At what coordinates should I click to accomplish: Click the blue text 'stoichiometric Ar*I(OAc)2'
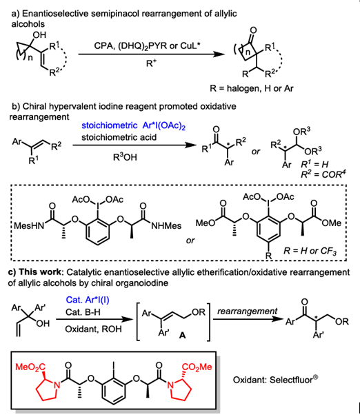pyautogui.click(x=134, y=126)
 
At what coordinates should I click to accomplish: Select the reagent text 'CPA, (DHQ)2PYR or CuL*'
pyautogui.click(x=147, y=46)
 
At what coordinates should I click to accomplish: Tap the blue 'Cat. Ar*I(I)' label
pyautogui.click(x=88, y=300)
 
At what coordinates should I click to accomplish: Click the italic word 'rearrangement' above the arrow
pyautogui.click(x=248, y=311)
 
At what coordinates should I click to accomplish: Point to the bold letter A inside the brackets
pyautogui.click(x=182, y=335)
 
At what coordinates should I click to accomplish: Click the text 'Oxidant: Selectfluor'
pyautogui.click(x=275, y=379)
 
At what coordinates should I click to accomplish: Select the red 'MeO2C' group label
pyautogui.click(x=30, y=367)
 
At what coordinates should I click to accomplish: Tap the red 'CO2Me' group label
pyautogui.click(x=197, y=367)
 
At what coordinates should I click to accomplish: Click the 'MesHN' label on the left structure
pyautogui.click(x=29, y=226)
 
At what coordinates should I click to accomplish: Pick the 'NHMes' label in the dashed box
pyautogui.click(x=166, y=226)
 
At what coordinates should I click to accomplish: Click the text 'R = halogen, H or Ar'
pyautogui.click(x=252, y=88)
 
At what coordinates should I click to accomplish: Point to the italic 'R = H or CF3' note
pyautogui.click(x=310, y=251)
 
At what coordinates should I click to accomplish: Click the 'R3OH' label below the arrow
pyautogui.click(x=125, y=157)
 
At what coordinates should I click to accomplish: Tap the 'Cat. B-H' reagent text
pyautogui.click(x=83, y=312)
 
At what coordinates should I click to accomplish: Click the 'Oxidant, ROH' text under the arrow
pyautogui.click(x=93, y=329)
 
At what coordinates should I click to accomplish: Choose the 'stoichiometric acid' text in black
pyautogui.click(x=119, y=137)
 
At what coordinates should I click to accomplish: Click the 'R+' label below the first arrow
pyautogui.click(x=152, y=63)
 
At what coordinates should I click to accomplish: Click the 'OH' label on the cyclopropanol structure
pyautogui.click(x=39, y=34)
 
